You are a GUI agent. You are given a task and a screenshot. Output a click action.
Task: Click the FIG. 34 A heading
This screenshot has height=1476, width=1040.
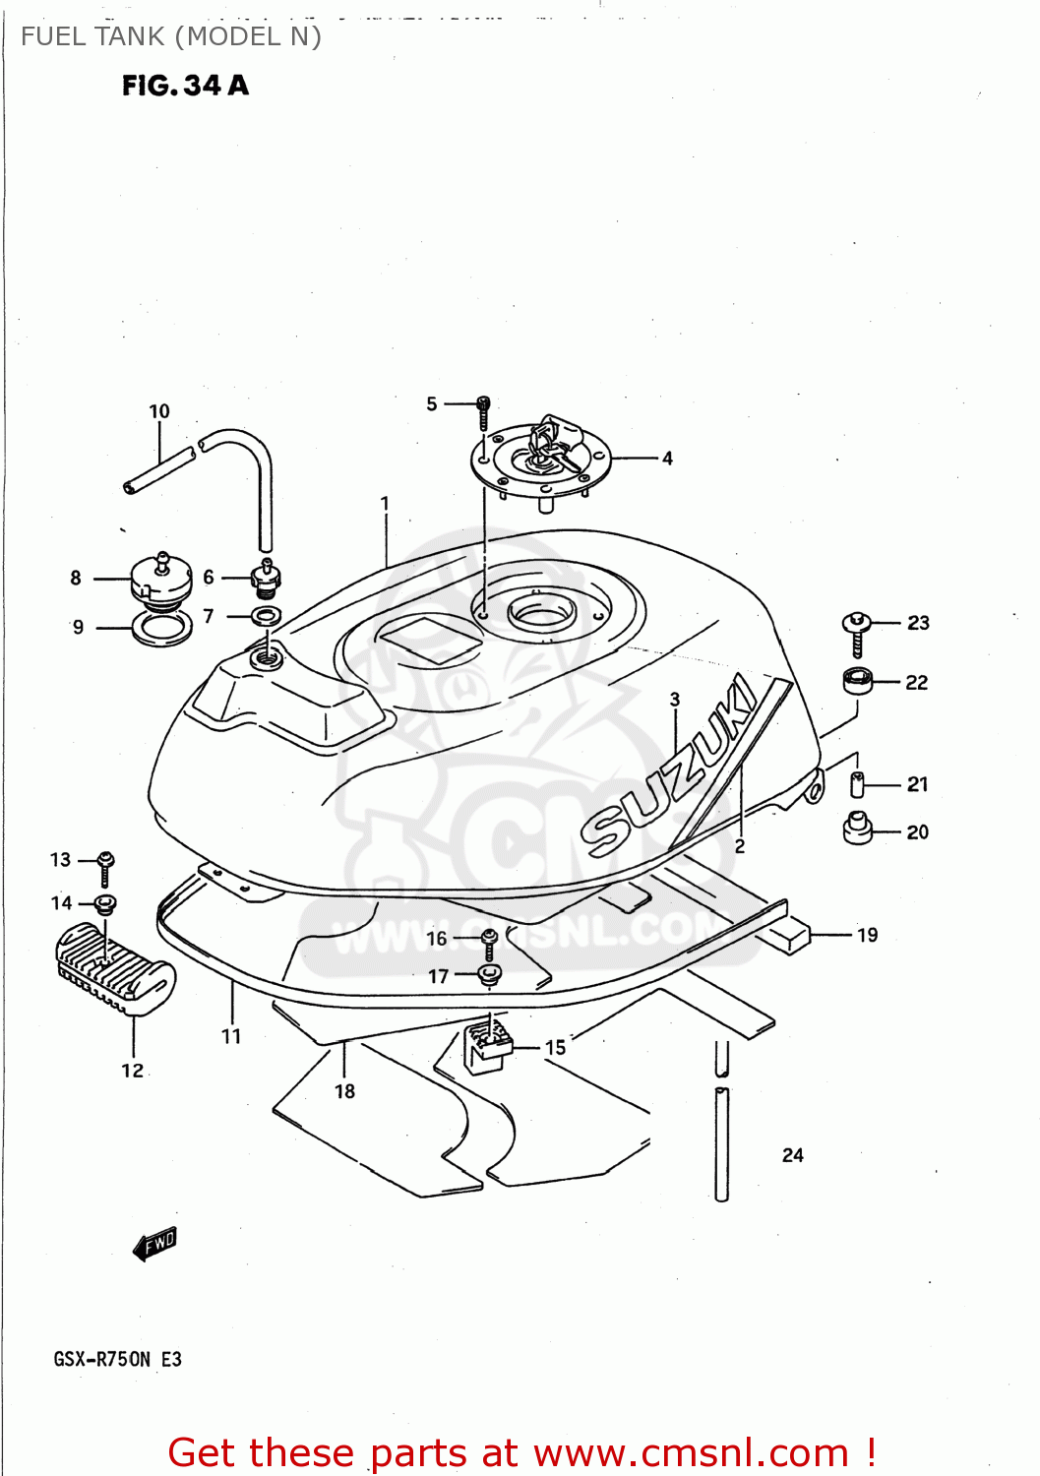(x=185, y=86)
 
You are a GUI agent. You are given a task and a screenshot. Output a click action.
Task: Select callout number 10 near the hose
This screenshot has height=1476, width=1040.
(x=159, y=411)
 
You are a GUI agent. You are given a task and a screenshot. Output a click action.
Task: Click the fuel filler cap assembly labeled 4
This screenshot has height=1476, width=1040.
(x=541, y=458)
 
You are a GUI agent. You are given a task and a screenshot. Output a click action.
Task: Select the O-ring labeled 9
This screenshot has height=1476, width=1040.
(x=162, y=628)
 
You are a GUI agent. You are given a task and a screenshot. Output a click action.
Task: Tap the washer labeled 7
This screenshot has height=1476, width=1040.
(x=266, y=617)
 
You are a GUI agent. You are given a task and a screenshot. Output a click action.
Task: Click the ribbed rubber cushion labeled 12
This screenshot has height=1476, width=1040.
(x=116, y=967)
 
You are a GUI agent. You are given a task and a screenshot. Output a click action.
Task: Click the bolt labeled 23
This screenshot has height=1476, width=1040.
(x=857, y=633)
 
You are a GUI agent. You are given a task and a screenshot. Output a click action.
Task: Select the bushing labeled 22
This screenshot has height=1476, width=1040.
(x=858, y=680)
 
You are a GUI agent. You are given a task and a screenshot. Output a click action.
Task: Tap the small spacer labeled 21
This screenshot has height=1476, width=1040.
(x=857, y=784)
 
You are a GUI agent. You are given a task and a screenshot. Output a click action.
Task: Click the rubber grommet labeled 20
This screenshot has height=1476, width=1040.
(x=858, y=829)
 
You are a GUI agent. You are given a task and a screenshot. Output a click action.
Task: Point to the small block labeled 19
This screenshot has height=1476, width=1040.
(x=790, y=935)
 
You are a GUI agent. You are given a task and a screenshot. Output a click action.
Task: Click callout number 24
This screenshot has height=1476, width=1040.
(x=793, y=1155)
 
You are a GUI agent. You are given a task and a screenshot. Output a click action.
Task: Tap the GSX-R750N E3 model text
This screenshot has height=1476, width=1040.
(x=117, y=1359)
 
